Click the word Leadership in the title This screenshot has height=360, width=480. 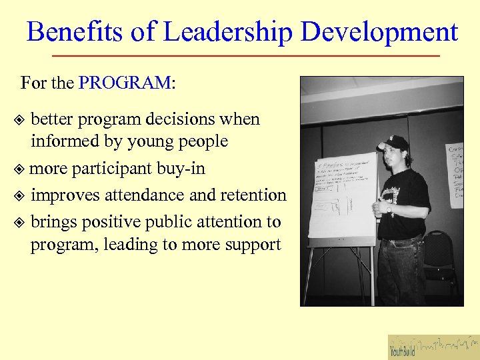229,31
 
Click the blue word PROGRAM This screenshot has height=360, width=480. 125,83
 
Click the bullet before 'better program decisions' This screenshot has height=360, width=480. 20,121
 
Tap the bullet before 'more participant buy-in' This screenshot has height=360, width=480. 20,169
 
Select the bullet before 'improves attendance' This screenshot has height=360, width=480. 20,196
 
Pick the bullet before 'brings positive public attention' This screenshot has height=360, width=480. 20,222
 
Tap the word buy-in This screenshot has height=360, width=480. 181,169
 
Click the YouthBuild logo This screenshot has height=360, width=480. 433,346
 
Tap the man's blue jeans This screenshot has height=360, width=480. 401,267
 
